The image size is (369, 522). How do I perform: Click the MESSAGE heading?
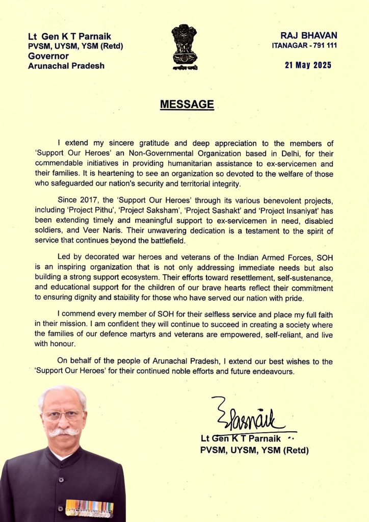coord(187,105)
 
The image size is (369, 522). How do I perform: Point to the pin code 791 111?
coord(319,46)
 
